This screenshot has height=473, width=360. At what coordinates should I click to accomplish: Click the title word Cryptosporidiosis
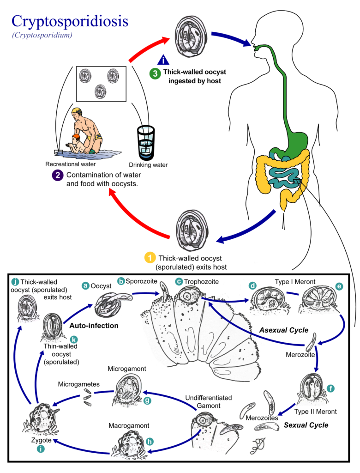point(70,22)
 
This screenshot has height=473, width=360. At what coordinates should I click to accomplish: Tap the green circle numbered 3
point(155,73)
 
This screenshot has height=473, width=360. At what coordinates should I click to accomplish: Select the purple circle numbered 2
point(58,175)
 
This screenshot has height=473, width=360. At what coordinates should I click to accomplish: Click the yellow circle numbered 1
point(150,258)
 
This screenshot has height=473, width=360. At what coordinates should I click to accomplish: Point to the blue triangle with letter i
point(163,60)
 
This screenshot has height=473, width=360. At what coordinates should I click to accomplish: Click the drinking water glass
point(146,143)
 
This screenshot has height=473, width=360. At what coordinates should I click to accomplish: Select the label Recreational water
point(70,164)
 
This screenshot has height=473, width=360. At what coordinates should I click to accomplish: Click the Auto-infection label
point(94,326)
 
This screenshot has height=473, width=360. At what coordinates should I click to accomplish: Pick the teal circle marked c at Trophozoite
point(179,281)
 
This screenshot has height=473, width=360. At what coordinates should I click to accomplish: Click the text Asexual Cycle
point(284,330)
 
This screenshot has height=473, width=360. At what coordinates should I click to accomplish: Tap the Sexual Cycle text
point(306,425)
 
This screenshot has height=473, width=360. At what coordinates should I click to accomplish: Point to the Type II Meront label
point(315,412)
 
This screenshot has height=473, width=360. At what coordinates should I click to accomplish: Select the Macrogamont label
point(129,425)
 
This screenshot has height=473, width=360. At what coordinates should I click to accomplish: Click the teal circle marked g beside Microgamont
point(147,400)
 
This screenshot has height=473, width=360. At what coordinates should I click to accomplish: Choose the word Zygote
point(41,440)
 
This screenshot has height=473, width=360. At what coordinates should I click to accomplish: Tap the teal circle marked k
point(73,340)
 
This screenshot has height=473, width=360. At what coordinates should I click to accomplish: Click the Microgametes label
point(79,384)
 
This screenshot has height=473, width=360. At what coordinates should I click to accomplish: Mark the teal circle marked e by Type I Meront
point(339,286)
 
